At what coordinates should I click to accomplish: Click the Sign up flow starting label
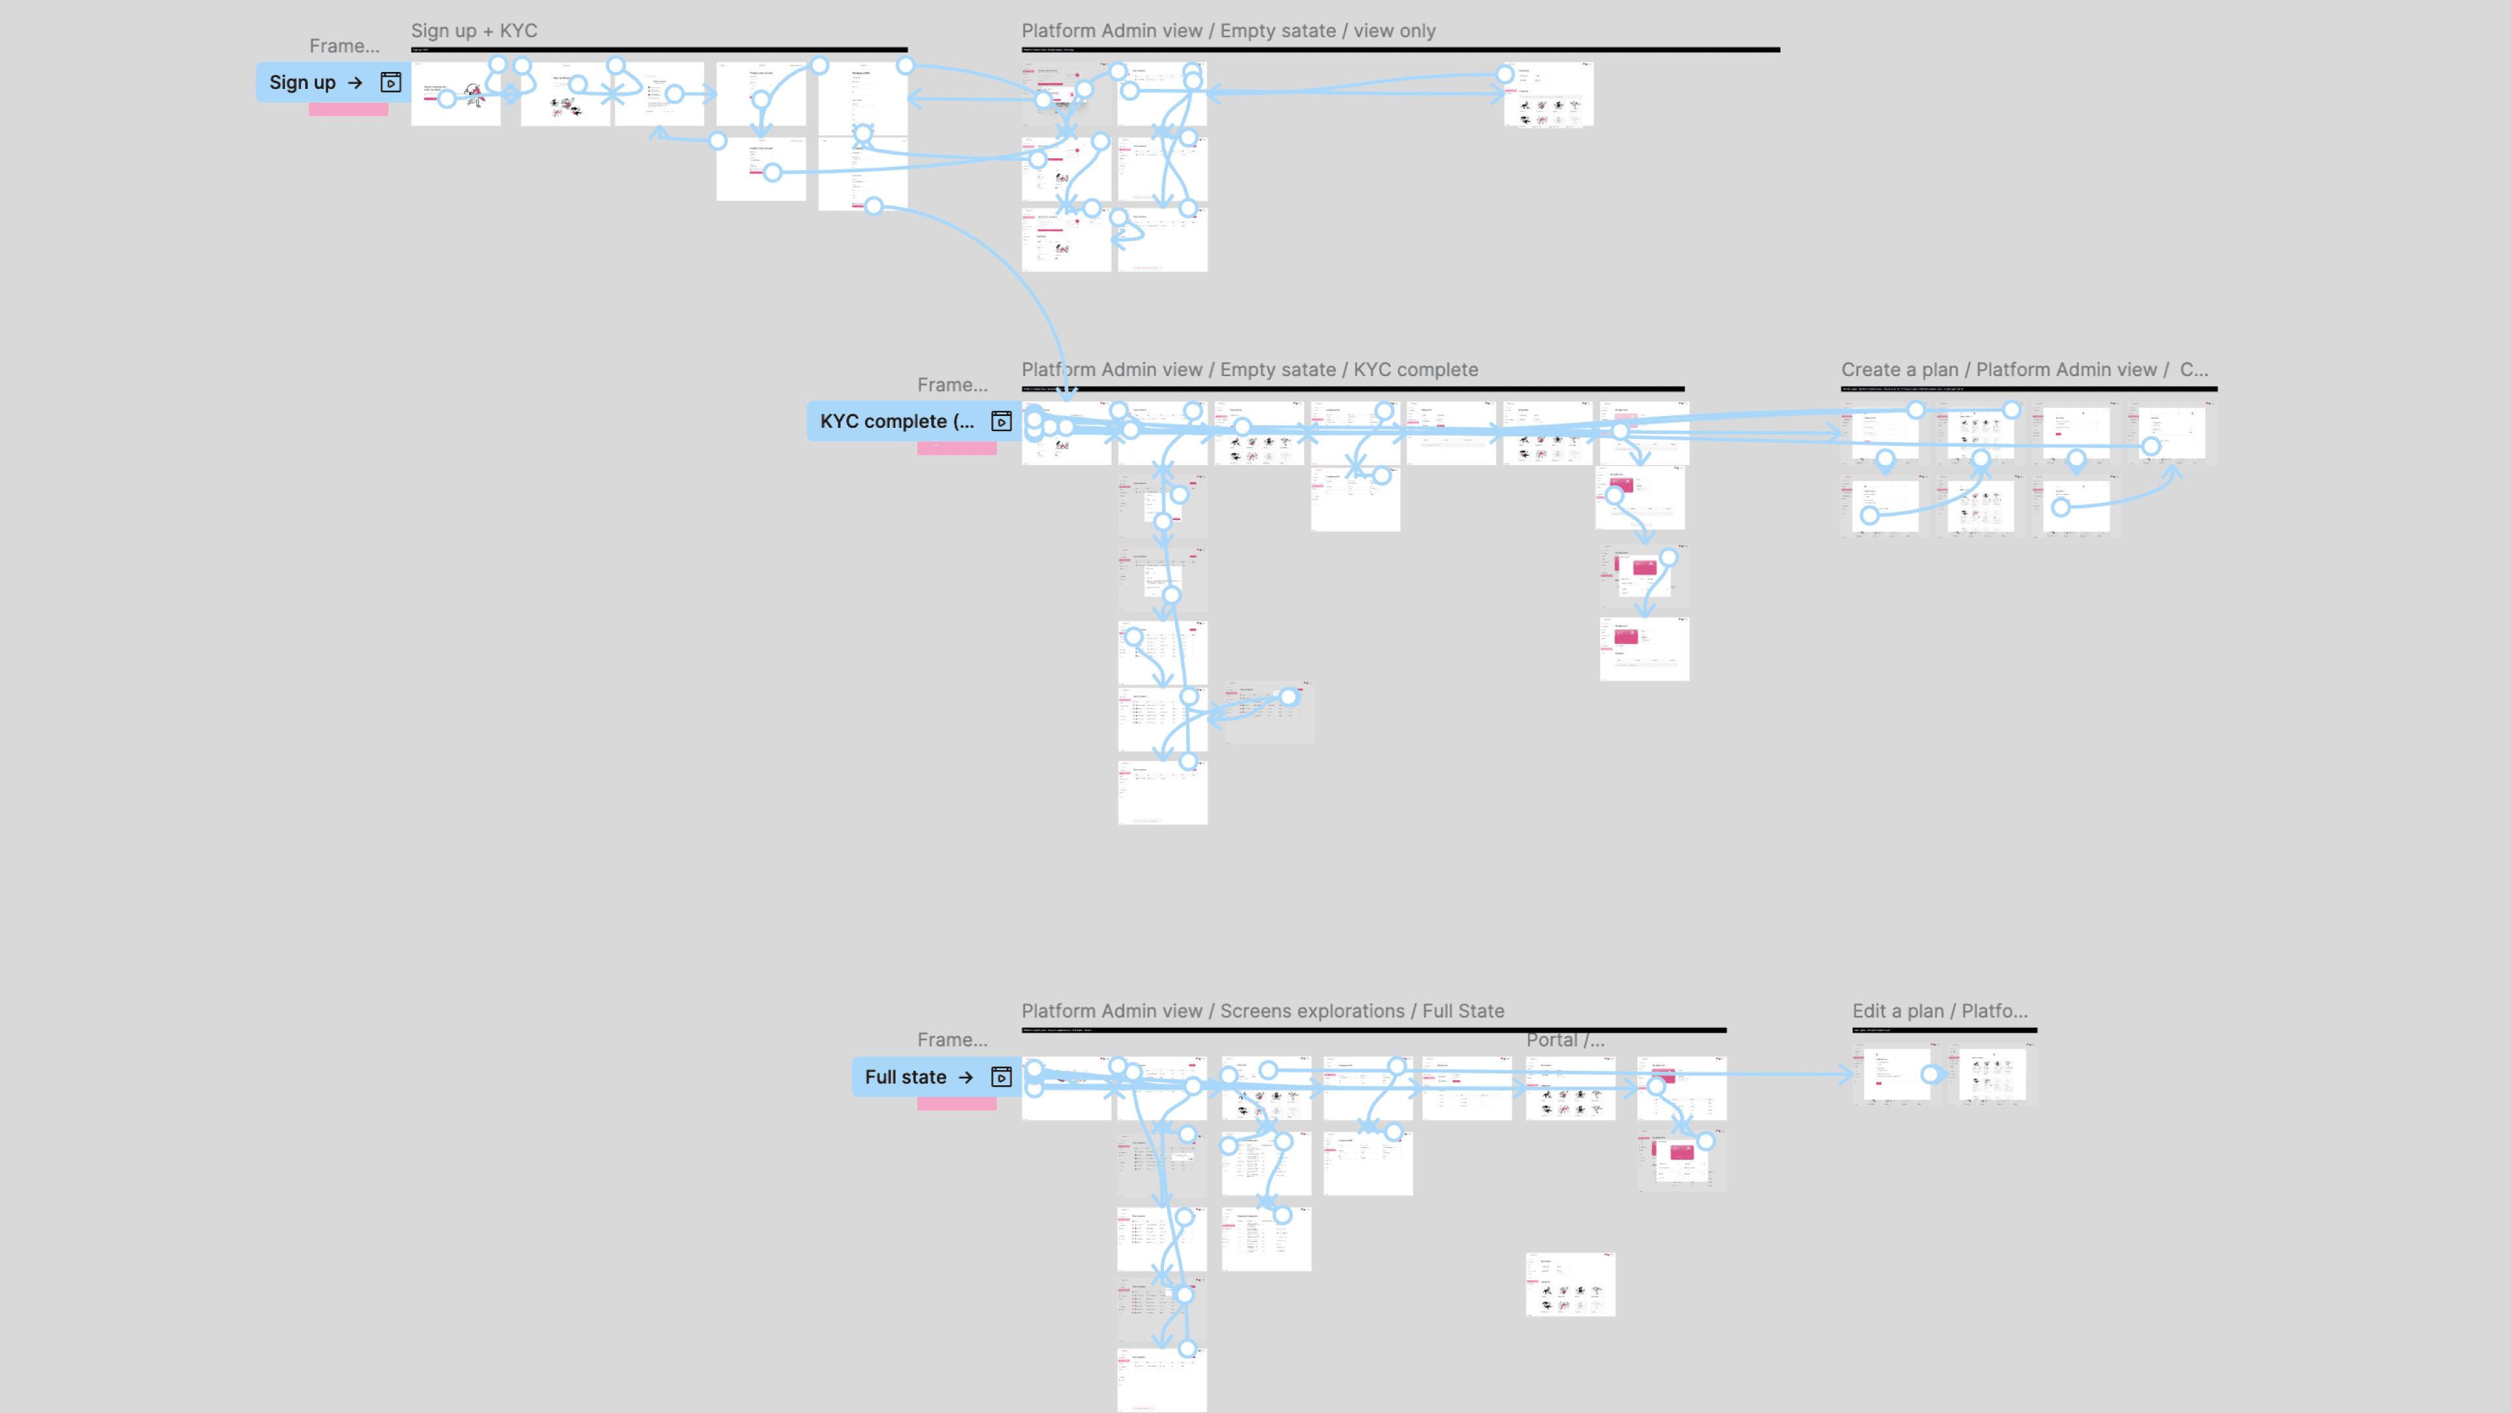pos(302,83)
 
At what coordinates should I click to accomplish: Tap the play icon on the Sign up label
pos(390,83)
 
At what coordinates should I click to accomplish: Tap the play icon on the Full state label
pos(1001,1077)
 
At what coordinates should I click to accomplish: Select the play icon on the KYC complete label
pos(1001,421)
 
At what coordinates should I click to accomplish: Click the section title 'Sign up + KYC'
pos(473,31)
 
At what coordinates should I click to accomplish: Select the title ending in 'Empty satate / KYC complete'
pos(1250,370)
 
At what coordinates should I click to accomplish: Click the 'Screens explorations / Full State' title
pos(1262,1011)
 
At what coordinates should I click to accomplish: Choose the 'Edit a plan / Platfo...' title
pos(1939,1011)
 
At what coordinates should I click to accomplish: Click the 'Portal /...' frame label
pos(1565,1041)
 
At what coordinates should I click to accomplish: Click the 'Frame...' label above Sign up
pos(344,46)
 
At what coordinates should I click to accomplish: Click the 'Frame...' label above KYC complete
pos(952,385)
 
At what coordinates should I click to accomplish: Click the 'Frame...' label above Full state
pos(952,1041)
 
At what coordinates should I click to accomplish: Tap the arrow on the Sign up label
pos(356,83)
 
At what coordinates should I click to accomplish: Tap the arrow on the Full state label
pos(966,1077)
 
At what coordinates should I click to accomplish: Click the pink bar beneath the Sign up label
pos(348,110)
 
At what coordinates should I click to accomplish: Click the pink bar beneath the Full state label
pos(956,1104)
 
